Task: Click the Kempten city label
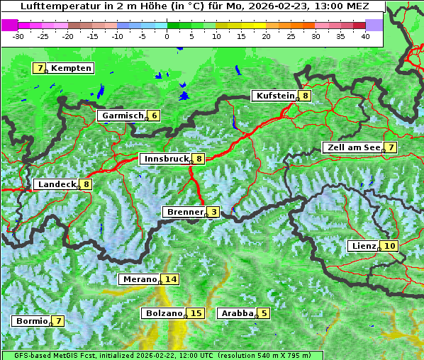(72, 68)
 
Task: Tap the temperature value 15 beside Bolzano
(196, 313)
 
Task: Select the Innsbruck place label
(166, 159)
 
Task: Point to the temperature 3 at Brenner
(213, 212)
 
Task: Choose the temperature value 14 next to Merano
(171, 279)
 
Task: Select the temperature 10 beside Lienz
(390, 246)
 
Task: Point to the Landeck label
(57, 184)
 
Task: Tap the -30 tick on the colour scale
(18, 35)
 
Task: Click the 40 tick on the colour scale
(365, 35)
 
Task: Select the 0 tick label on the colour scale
(167, 35)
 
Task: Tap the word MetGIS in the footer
(62, 355)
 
